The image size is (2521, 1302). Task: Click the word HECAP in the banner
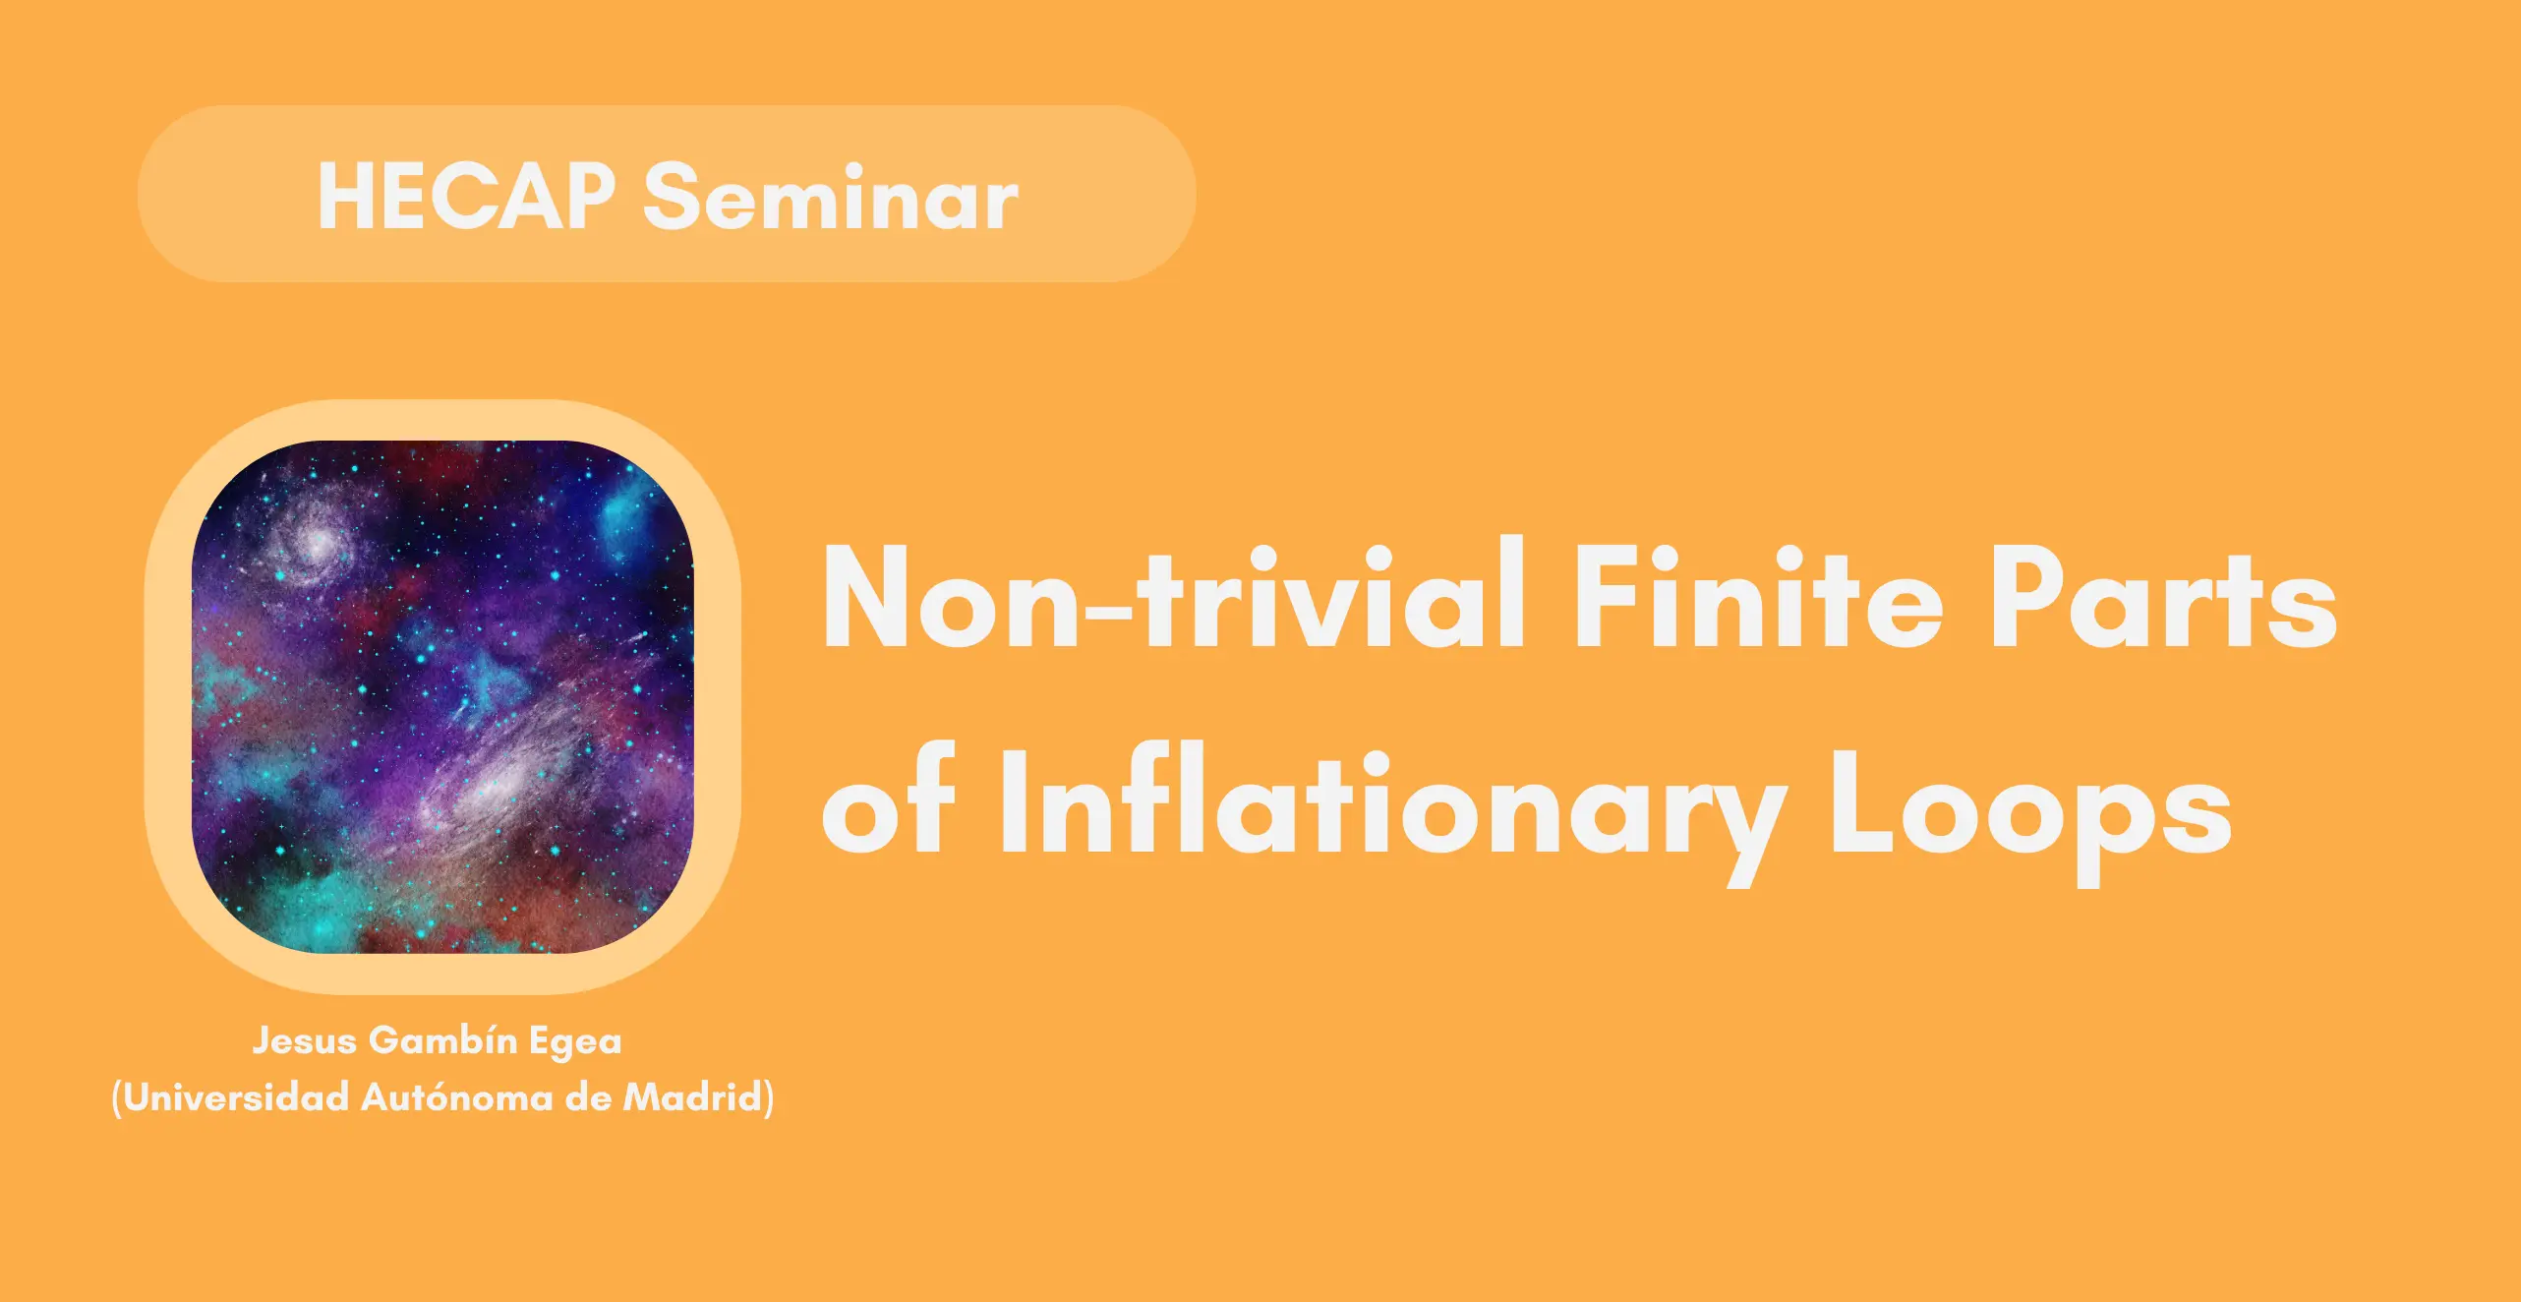[x=467, y=197]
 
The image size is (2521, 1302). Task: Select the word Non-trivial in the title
[x=1174, y=594]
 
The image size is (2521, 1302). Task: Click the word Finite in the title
[x=1758, y=596]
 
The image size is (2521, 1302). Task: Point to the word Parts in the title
[x=2163, y=598]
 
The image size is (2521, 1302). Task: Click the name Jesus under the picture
[x=304, y=1039]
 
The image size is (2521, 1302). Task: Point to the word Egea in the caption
[x=575, y=1042]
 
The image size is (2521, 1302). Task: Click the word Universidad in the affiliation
[x=236, y=1096]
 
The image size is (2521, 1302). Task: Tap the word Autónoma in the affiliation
[x=456, y=1096]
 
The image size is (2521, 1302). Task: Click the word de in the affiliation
[x=588, y=1096]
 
